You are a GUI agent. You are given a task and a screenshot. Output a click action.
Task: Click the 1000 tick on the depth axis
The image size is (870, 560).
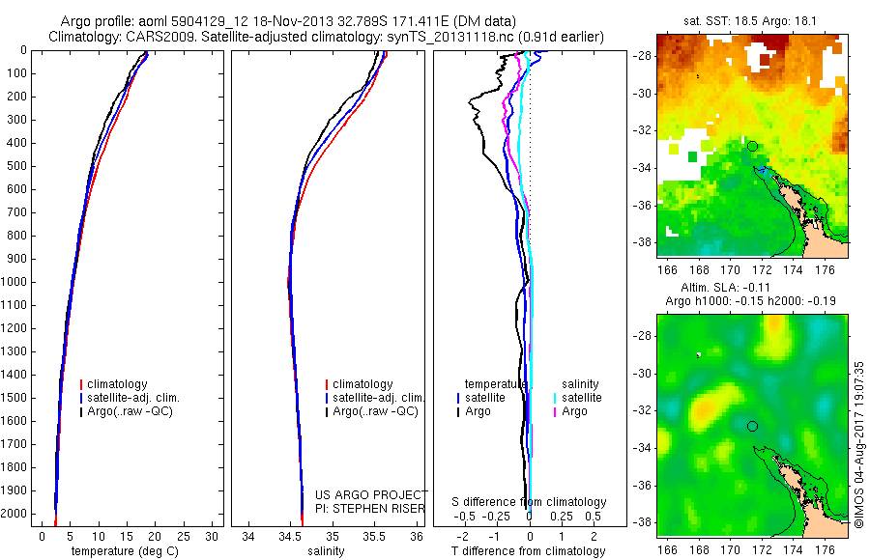(x=18, y=282)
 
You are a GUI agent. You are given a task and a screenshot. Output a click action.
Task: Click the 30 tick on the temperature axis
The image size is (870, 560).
(x=212, y=536)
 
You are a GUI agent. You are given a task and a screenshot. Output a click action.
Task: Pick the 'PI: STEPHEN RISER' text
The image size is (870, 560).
(x=371, y=507)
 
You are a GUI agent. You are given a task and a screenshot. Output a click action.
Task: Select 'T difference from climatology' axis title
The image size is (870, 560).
(x=528, y=551)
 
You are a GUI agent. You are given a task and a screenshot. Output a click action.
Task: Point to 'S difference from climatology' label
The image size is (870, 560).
(x=529, y=502)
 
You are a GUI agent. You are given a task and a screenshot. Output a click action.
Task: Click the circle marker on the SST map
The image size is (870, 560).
(x=752, y=146)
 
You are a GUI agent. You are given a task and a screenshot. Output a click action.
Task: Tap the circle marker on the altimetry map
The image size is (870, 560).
(x=752, y=426)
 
